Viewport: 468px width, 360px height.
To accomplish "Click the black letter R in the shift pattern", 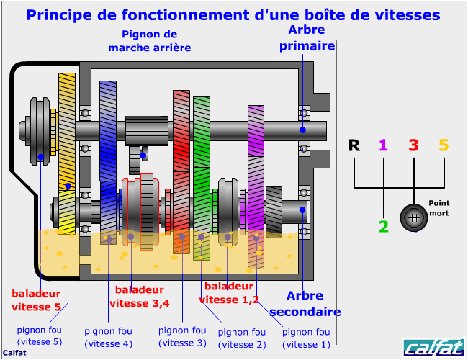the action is click(x=354, y=145).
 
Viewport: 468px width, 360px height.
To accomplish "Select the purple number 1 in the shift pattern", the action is click(x=384, y=145).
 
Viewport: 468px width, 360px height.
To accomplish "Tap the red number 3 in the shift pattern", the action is click(x=414, y=145).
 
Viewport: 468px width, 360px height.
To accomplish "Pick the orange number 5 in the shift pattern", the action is click(x=444, y=145).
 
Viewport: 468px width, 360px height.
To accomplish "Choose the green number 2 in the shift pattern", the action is click(x=384, y=227).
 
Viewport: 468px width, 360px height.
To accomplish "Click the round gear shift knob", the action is click(x=414, y=217).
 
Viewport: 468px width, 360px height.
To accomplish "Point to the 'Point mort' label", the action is click(x=438, y=208).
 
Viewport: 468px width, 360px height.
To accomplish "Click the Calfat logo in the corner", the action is click(x=433, y=347).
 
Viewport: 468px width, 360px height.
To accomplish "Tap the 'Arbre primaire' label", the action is click(x=307, y=38).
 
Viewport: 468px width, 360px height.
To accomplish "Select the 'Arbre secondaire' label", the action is click(x=305, y=304).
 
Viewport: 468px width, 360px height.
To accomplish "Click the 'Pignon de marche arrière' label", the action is click(x=150, y=41).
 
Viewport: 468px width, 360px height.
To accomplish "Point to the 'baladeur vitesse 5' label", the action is click(x=36, y=300).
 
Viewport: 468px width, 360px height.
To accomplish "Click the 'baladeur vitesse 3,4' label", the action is click(x=140, y=297).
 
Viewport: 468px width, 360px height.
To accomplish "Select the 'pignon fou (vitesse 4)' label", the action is click(x=108, y=338).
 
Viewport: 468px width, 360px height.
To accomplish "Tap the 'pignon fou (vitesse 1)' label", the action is click(x=306, y=338).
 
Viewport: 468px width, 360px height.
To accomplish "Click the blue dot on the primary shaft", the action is click(x=302, y=130).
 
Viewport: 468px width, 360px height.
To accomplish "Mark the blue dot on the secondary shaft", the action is click(x=302, y=210).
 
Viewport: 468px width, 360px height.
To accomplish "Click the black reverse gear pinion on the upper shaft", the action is click(x=147, y=131).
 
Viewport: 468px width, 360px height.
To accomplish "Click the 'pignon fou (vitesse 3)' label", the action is click(x=182, y=337).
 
